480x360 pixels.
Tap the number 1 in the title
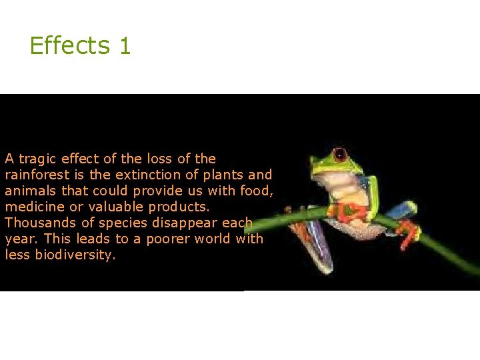[x=125, y=46]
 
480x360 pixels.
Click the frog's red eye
[x=340, y=155]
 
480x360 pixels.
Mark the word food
[x=258, y=191]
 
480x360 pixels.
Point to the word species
[x=121, y=223]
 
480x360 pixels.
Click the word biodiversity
[x=75, y=255]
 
